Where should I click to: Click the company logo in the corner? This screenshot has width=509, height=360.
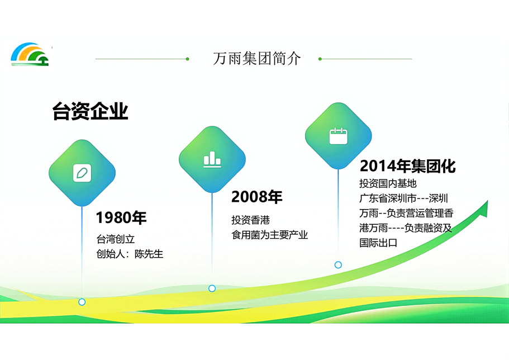(x=30, y=54)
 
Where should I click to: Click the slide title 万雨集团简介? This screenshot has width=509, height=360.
(x=257, y=59)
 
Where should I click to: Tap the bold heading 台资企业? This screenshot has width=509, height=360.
(x=91, y=111)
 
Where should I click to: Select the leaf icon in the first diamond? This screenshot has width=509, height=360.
(x=82, y=173)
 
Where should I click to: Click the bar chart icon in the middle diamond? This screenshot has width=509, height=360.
(x=212, y=159)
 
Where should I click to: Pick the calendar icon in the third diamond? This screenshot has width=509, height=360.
(x=338, y=136)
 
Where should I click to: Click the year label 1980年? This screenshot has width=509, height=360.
(x=121, y=217)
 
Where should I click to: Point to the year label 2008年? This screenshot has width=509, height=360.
(x=257, y=197)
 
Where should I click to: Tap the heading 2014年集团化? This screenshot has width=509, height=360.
(x=408, y=165)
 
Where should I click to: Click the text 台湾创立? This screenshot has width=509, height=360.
(x=116, y=239)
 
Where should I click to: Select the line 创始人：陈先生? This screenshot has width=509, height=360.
(x=130, y=254)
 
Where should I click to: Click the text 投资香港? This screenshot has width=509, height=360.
(x=251, y=220)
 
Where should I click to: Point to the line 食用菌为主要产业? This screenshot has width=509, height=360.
(x=270, y=235)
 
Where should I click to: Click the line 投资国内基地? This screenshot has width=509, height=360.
(x=388, y=183)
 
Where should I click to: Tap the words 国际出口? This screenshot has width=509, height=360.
(x=378, y=243)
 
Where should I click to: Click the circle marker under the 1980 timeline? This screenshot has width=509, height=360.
(x=82, y=302)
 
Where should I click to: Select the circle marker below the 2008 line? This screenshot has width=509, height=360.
(x=212, y=288)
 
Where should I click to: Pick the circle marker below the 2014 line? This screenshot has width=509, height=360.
(x=338, y=265)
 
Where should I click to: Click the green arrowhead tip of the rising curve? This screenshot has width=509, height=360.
(x=488, y=201)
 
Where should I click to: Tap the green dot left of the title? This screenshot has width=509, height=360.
(x=187, y=59)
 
